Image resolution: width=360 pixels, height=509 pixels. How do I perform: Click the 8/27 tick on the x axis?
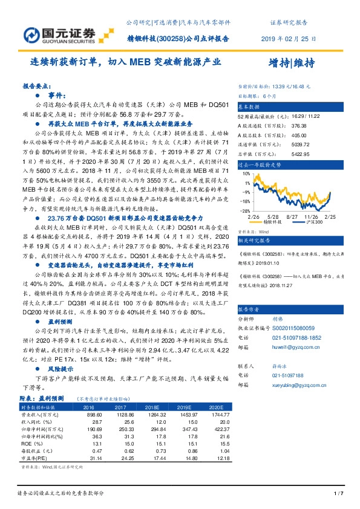pyautogui.click(x=292, y=216)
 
